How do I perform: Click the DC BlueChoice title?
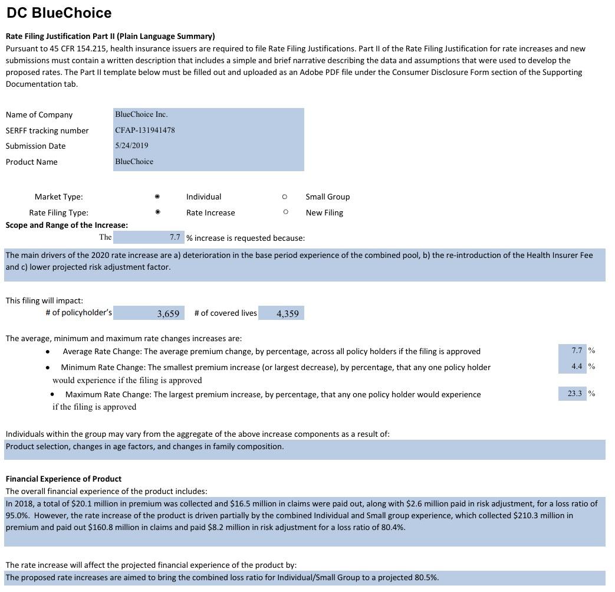pos(59,13)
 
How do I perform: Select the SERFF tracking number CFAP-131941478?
pos(145,130)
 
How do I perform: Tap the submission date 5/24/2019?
pos(131,145)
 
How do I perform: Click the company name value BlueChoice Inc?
pos(141,114)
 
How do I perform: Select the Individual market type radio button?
pos(157,197)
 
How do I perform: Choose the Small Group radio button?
pos(285,197)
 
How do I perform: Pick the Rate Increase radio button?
pos(157,212)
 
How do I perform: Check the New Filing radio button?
pos(285,212)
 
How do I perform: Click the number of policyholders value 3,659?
pos(168,313)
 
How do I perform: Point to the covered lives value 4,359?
pos(287,313)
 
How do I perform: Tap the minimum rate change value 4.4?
pos(577,367)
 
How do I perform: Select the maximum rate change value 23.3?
pos(574,394)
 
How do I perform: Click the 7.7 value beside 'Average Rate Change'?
pos(577,351)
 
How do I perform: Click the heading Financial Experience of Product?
pos(64,479)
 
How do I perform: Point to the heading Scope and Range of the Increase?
pos(67,225)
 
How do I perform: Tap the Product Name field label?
pos(32,162)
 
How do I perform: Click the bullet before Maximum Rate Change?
pos(53,394)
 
